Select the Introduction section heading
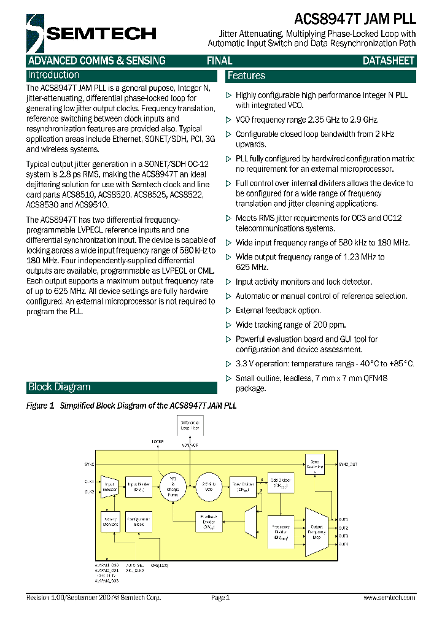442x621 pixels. click(53, 75)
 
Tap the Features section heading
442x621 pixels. click(246, 76)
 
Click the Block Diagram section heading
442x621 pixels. click(59, 387)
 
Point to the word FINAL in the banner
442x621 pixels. click(219, 61)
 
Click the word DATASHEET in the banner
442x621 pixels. click(388, 61)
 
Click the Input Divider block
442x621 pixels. click(139, 487)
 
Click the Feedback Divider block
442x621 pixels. click(209, 522)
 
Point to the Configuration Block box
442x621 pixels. click(139, 522)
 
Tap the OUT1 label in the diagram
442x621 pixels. click(344, 520)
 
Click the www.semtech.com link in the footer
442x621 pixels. click(389, 598)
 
